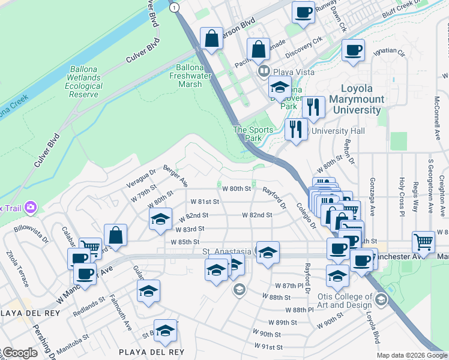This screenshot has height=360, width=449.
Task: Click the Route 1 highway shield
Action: point(174,7)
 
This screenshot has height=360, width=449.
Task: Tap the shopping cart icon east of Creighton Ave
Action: point(423,242)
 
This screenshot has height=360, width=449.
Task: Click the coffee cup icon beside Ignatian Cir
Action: point(354,51)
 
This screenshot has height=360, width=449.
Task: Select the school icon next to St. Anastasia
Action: point(268,252)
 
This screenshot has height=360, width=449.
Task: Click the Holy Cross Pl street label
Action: point(402,194)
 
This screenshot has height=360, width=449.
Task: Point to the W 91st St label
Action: point(268,347)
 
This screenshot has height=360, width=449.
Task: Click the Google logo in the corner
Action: point(19,353)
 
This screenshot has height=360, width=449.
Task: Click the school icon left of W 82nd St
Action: point(160,220)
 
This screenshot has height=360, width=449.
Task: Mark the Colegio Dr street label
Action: point(305,215)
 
